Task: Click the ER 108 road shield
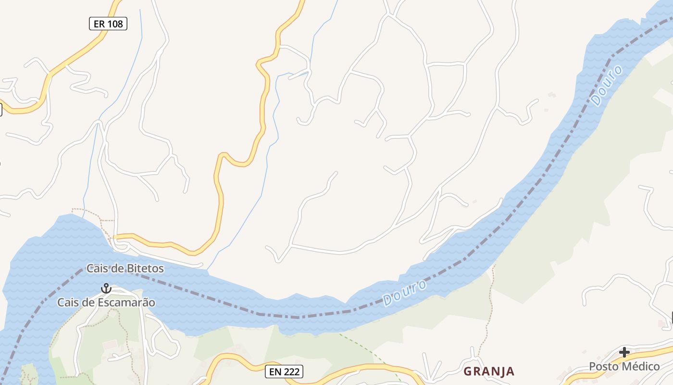point(108,24)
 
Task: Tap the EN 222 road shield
point(284,372)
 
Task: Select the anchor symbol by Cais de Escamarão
point(106,288)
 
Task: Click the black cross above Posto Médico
point(624,352)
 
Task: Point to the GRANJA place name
point(489,372)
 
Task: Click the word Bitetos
point(145,269)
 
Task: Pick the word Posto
point(603,367)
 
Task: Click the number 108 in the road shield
point(115,24)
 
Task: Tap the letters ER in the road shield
point(99,24)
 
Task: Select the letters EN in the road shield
point(275,372)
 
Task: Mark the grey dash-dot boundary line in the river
point(298,317)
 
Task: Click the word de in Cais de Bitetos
point(116,269)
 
